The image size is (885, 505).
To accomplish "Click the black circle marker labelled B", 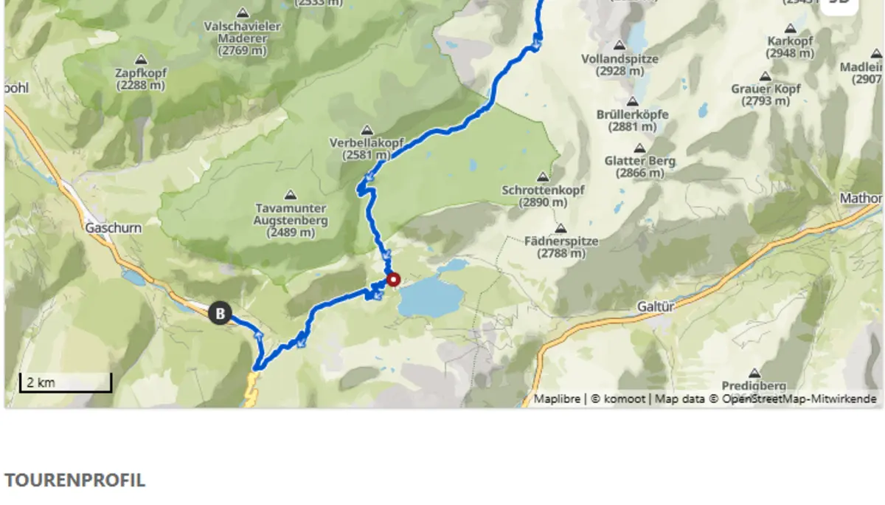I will (x=220, y=313).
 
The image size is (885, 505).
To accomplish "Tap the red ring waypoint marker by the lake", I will (x=393, y=280).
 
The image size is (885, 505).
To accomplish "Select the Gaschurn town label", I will (x=114, y=228).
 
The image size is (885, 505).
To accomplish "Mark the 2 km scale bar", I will (x=65, y=383).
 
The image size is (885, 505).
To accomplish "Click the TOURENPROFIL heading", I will (x=74, y=480).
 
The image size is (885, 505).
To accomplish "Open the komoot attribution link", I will (x=625, y=399).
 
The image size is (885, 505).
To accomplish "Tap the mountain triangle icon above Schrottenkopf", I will (x=543, y=177).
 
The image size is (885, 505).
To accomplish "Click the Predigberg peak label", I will (x=754, y=385).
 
